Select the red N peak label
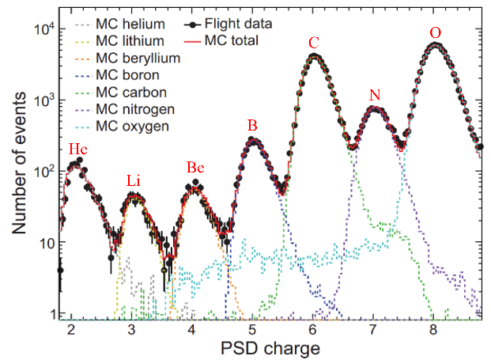coord(375,95)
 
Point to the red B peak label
coord(252,125)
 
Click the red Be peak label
coord(195,167)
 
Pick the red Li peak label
coord(134,182)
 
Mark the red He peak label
coord(77,150)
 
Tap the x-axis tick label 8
coord(433,328)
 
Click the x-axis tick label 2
coord(71,328)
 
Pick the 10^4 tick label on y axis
coord(47,29)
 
